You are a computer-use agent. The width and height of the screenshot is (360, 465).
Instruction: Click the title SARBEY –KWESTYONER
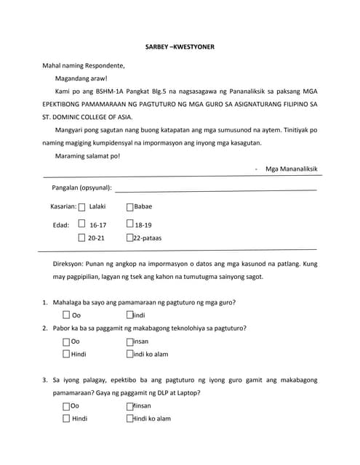click(180, 46)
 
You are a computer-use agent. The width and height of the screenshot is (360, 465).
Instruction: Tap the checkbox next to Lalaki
click(81, 207)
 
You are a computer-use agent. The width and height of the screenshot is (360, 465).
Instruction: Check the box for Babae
click(129, 207)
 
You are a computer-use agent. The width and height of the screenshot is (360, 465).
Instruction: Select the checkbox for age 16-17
click(81, 225)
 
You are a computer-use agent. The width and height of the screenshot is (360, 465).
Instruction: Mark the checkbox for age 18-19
click(129, 225)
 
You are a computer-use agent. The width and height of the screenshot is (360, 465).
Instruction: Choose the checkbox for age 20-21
click(81, 238)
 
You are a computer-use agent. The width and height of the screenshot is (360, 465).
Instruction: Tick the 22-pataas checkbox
click(129, 238)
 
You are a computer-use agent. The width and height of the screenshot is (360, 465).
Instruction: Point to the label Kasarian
click(63, 207)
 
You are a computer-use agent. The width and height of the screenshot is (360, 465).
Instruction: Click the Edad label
click(61, 225)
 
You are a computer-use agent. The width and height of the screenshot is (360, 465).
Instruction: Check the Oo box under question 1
click(66, 315)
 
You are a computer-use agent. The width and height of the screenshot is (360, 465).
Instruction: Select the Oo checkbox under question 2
click(66, 341)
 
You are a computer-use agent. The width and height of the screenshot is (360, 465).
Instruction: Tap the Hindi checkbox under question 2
click(66, 355)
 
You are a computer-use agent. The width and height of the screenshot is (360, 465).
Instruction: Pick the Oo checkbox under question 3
click(66, 406)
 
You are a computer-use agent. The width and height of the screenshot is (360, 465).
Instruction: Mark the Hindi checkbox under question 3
click(66, 419)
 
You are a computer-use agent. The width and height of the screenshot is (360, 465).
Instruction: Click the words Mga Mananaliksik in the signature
click(291, 169)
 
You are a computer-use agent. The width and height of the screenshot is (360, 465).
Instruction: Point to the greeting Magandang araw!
click(81, 78)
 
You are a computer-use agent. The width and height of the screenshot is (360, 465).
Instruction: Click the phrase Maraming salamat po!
click(87, 156)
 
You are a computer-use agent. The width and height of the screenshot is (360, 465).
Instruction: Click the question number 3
click(45, 380)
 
